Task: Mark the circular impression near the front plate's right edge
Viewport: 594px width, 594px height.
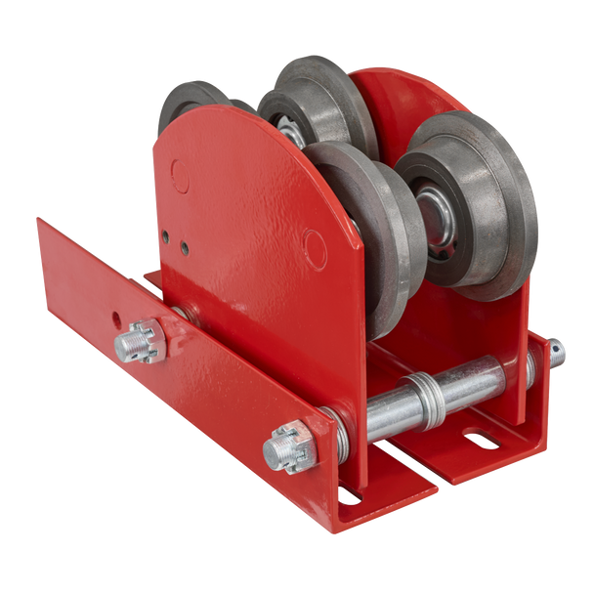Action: (x=316, y=240)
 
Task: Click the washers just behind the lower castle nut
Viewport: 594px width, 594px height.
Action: (x=321, y=431)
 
